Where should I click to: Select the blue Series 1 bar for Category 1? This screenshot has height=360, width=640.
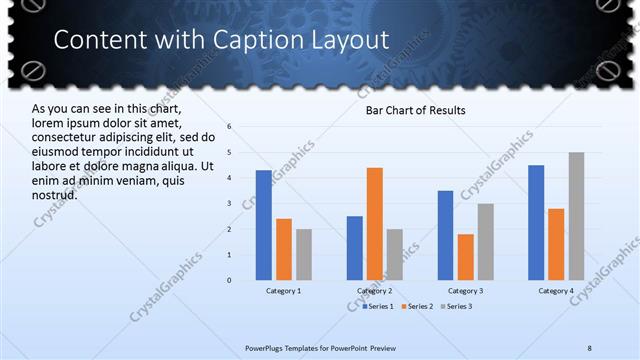(x=263, y=225)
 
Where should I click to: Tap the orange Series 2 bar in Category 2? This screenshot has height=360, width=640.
(x=375, y=223)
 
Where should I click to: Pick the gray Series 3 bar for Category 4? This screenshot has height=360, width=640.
(x=577, y=216)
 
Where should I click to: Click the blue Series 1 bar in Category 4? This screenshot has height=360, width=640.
(x=536, y=222)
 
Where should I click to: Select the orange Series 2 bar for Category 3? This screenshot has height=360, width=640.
(x=466, y=257)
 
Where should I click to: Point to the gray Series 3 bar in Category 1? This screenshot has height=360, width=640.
(x=304, y=254)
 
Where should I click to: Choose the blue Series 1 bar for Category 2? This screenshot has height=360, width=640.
(x=355, y=248)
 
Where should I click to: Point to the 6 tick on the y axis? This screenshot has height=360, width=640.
(x=230, y=127)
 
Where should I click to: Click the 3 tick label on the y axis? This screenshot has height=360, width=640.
(x=230, y=204)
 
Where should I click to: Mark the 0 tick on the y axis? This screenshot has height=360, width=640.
(x=230, y=280)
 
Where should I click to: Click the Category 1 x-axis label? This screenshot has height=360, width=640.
(x=284, y=291)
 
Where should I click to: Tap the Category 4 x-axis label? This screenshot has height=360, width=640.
(x=556, y=291)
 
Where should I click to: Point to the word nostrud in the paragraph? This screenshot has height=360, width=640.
(x=55, y=194)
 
